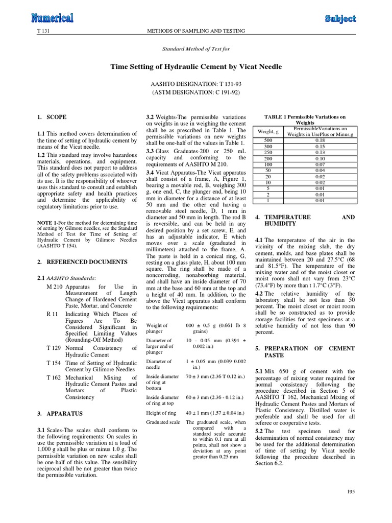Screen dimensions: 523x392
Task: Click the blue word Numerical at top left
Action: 52,19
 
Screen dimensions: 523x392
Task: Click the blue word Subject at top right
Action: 340,19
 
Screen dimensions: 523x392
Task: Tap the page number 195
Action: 350,491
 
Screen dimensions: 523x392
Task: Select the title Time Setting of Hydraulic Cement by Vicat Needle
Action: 196,67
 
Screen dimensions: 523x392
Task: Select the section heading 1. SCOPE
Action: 52,117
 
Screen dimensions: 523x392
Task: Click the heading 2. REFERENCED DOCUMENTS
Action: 82,262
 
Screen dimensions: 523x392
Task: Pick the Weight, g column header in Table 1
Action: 268,132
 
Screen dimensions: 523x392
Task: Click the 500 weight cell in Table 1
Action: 268,140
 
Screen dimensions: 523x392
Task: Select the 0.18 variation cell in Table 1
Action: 320,140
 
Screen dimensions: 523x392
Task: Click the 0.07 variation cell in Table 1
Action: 320,164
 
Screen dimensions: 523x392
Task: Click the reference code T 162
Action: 53,377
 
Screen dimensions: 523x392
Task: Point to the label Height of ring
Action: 161,412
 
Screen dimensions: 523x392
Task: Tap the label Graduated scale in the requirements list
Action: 163,422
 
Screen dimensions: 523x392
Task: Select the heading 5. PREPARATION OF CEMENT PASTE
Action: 304,351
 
